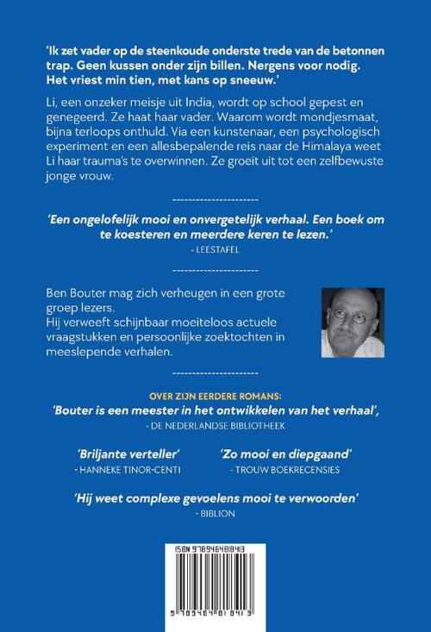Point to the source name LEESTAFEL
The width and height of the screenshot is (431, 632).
click(215, 245)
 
